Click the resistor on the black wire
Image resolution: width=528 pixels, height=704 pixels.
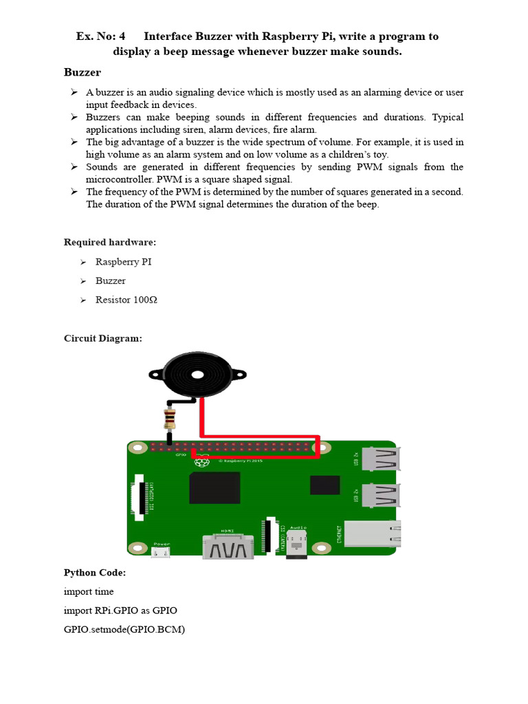pos(169,417)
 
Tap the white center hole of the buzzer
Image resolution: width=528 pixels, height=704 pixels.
pos(198,375)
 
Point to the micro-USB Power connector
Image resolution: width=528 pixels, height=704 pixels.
pos(161,551)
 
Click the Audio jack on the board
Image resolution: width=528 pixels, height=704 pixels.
pos(298,542)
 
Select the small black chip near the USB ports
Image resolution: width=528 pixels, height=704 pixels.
pos(324,485)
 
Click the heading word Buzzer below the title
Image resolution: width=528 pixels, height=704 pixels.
pos(82,72)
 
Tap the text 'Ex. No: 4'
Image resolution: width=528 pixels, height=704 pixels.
pos(100,36)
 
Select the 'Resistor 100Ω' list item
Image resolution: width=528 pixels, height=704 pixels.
pos(126,300)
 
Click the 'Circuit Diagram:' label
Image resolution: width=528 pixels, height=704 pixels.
pos(103,338)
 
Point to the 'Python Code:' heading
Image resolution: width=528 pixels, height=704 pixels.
pos(95,573)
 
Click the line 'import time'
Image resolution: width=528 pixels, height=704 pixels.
pos(89,591)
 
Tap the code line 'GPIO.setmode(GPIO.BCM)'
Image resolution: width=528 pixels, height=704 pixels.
pos(124,630)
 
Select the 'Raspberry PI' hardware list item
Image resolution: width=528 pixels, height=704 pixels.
pos(124,262)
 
